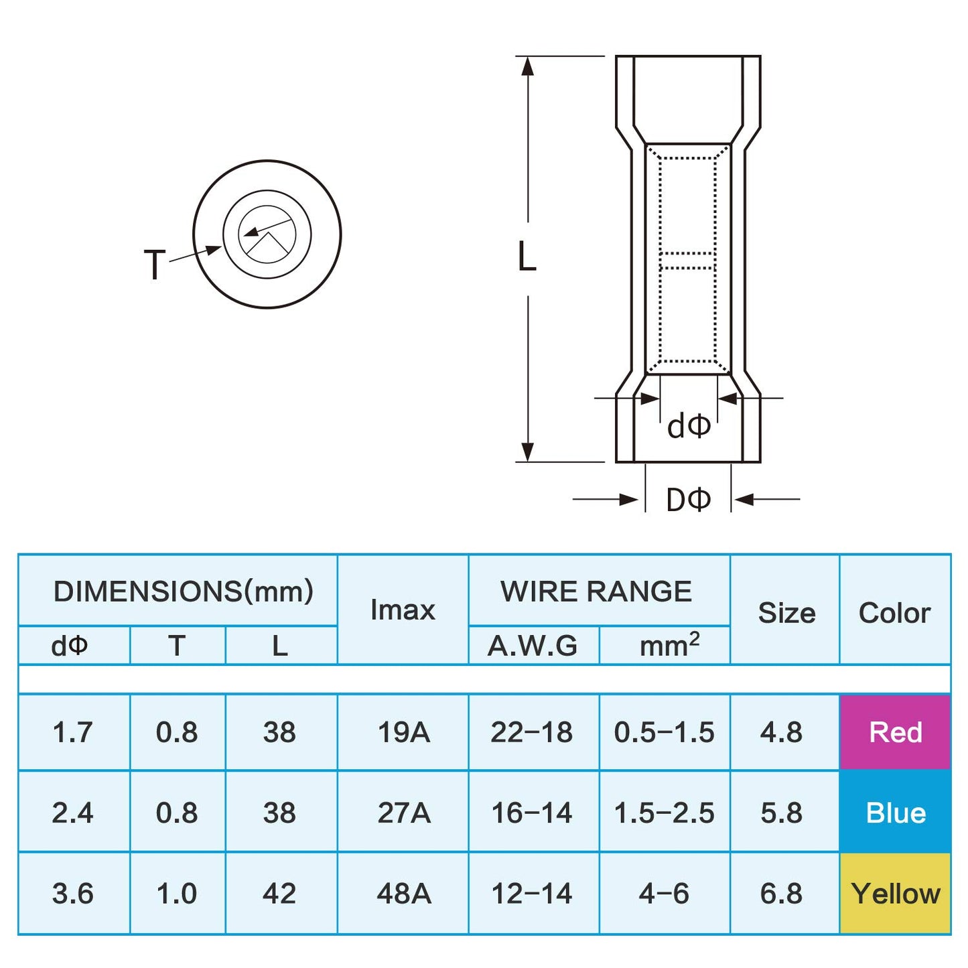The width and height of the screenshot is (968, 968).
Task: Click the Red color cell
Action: click(895, 732)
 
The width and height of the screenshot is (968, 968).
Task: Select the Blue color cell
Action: click(895, 813)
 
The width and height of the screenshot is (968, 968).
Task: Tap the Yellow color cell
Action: click(895, 894)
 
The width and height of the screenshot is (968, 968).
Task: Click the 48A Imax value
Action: click(403, 894)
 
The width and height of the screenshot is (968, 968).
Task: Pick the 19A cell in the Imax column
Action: click(403, 732)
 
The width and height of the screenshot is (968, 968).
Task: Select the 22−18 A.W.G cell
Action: click(532, 732)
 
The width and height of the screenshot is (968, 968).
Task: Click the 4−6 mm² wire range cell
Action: click(664, 894)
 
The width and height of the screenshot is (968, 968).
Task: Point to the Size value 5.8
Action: click(781, 813)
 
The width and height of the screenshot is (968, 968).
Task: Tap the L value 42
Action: click(279, 894)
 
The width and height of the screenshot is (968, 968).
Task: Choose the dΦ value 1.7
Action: click(72, 732)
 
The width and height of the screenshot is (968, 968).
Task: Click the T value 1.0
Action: click(177, 894)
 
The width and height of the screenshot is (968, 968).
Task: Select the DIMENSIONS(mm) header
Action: click(183, 592)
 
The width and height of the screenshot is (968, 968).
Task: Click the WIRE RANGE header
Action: click(596, 592)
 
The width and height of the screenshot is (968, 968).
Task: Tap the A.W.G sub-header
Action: click(533, 646)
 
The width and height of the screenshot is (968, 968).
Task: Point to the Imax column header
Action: click(403, 610)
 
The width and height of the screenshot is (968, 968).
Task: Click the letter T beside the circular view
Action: click(155, 265)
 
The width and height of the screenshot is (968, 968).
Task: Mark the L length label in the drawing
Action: click(527, 257)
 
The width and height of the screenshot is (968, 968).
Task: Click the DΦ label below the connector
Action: click(688, 500)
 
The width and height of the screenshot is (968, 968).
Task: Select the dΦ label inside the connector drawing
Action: click(688, 426)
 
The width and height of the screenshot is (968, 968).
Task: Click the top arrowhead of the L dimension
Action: click(528, 66)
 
